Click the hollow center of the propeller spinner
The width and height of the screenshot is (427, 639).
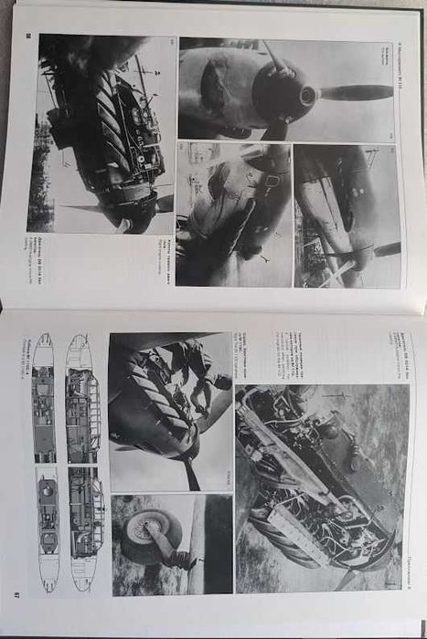click(x=307, y=95)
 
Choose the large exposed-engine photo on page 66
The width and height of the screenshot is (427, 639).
click(x=101, y=133)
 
